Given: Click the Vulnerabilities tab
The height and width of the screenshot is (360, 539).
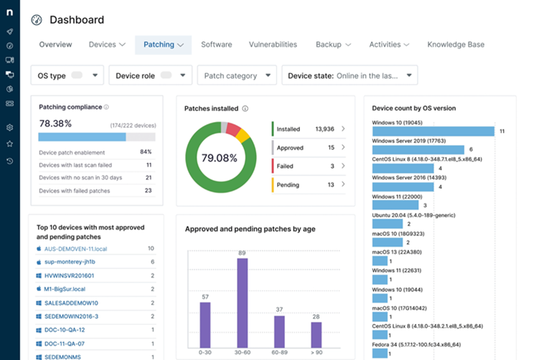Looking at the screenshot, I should coord(273,44).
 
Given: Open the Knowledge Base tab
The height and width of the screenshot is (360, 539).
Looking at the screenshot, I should coord(456,44).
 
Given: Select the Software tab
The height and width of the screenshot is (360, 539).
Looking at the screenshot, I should coord(216,44).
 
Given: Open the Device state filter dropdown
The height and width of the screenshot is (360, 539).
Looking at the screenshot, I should coord(350,75).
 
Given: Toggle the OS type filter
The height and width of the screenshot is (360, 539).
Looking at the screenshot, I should coord(77,75).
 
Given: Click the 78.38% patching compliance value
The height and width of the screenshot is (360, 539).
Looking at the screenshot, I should coord(55,123).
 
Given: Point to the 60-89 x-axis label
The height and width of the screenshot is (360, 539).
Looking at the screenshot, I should coord(279,353).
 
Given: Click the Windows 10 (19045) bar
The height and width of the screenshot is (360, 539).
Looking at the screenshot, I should coord(433,131).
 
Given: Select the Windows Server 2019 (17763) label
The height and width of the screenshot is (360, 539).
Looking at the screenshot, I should coord(410,141).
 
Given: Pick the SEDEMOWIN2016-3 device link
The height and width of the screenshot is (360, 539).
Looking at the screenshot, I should coord(71,316).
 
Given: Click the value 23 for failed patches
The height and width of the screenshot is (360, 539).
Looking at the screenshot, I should coord(148,191).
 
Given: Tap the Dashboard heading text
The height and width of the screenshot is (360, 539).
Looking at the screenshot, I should coord(77,20).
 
